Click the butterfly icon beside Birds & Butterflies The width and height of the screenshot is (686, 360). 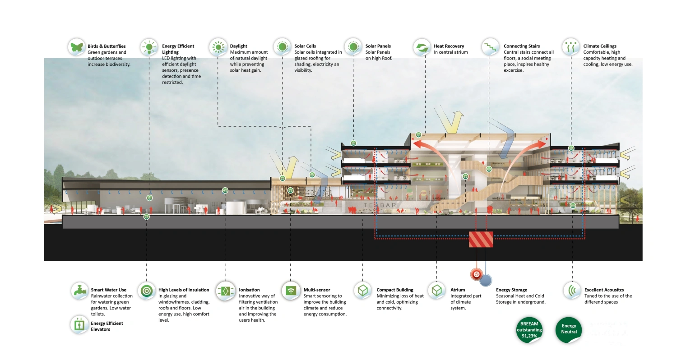[77, 47]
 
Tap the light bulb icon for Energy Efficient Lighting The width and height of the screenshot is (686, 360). [148, 47]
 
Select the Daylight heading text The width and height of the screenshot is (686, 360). [238, 46]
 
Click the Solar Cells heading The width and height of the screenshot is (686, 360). [305, 46]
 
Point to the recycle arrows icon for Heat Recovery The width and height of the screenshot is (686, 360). [422, 47]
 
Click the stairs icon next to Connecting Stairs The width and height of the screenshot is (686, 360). [490, 47]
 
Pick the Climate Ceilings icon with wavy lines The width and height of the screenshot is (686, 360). [571, 47]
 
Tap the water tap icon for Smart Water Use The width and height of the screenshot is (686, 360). [79, 291]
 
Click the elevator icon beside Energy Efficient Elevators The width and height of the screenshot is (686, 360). [79, 324]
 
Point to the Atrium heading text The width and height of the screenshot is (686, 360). [458, 290]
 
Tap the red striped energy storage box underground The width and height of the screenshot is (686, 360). [481, 240]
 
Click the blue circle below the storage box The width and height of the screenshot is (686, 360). [486, 280]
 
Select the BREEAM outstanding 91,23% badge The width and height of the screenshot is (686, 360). [529, 330]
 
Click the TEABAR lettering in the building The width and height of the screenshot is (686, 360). [380, 205]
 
